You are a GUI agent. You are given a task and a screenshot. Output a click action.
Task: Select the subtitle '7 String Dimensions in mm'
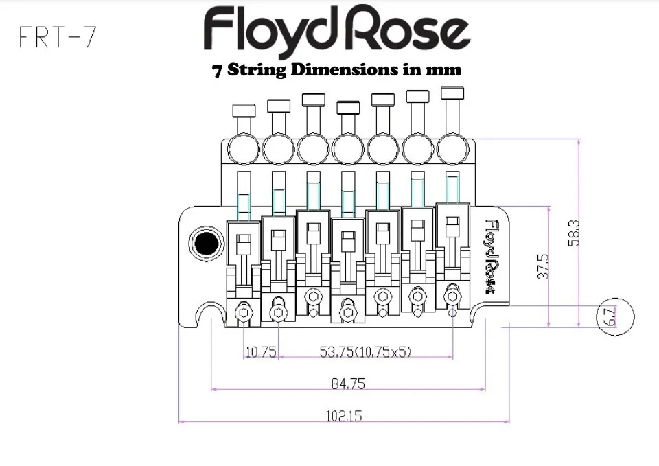click(x=336, y=70)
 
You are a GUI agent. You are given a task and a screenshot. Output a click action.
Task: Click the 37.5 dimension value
click(x=543, y=266)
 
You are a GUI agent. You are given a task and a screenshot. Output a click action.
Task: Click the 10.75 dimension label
click(x=260, y=352)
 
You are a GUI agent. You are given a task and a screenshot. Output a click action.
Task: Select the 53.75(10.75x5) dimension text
click(x=365, y=352)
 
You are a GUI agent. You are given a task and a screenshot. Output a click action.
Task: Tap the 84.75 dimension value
click(x=348, y=384)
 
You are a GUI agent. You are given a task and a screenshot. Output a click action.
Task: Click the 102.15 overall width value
click(x=343, y=416)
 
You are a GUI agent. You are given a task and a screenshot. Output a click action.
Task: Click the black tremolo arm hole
click(x=205, y=242)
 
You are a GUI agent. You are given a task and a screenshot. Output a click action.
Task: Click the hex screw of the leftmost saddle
click(x=243, y=312)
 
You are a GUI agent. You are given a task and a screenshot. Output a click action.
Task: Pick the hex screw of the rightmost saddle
click(x=452, y=296)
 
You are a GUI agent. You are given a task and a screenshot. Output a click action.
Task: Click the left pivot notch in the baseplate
click(x=209, y=317)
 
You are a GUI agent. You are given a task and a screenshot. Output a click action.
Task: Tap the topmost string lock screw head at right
click(x=452, y=92)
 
